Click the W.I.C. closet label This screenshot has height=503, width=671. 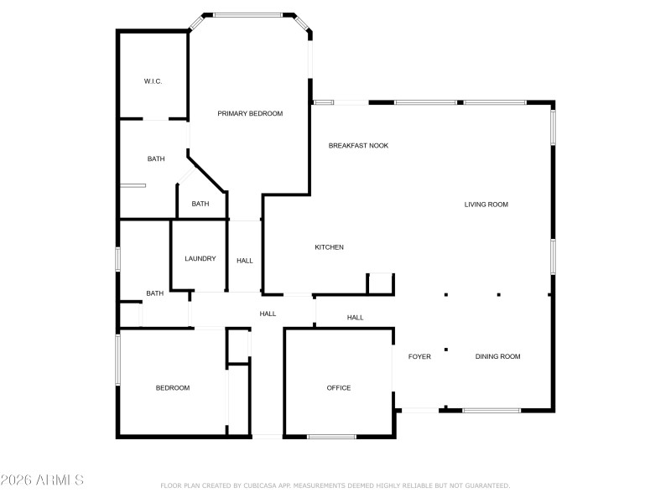153,81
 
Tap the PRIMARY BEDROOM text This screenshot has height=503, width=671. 250,113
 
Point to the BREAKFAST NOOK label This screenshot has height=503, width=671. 358,146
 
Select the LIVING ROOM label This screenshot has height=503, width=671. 486,205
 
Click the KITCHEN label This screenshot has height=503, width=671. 329,247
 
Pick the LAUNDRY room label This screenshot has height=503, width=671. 200,259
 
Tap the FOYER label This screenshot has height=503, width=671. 419,357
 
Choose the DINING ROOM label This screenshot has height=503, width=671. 498,357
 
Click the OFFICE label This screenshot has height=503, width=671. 339,388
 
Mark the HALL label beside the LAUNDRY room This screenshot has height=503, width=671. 244,261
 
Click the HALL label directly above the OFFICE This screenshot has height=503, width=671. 356,318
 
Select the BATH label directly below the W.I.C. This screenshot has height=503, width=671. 156,159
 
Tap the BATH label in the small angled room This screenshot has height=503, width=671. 200,204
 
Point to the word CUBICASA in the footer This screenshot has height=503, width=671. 267,485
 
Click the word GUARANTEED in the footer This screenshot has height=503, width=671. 486,485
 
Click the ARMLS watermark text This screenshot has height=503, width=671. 42,480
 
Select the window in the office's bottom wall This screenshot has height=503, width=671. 331,436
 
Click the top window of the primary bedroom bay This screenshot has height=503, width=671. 247,14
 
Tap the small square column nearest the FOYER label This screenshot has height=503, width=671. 446,350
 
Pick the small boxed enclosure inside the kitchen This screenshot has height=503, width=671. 381,283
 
